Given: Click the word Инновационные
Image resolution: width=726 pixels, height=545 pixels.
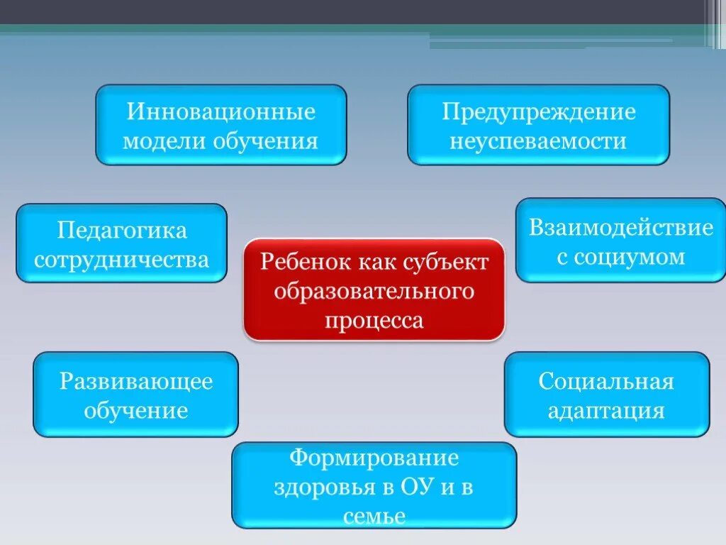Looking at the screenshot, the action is pos(221,112).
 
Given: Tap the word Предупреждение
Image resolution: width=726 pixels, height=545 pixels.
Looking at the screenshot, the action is pos(539,112).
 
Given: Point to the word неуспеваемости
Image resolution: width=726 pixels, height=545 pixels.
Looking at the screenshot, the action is pos(539,141).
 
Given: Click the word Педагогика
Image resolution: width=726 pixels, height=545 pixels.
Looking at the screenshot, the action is pos(122,231).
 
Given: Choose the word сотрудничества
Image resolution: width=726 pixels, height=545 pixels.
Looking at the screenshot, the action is pos(122,259).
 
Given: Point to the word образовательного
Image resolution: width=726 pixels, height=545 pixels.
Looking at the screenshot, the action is pos(374,291).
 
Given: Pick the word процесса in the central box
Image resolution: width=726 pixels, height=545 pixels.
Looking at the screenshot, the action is pos(374,320).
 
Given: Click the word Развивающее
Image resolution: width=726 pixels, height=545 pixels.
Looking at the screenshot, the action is pos(136,381).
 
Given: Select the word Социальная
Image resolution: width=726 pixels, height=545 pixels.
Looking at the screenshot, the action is pos(606,381).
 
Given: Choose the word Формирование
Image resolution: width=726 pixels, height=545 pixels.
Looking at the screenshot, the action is pos(374,458).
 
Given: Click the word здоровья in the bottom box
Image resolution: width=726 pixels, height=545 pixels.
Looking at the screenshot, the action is pos(315,488).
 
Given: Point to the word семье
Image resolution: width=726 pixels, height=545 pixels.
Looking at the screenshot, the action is pos(374,516).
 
